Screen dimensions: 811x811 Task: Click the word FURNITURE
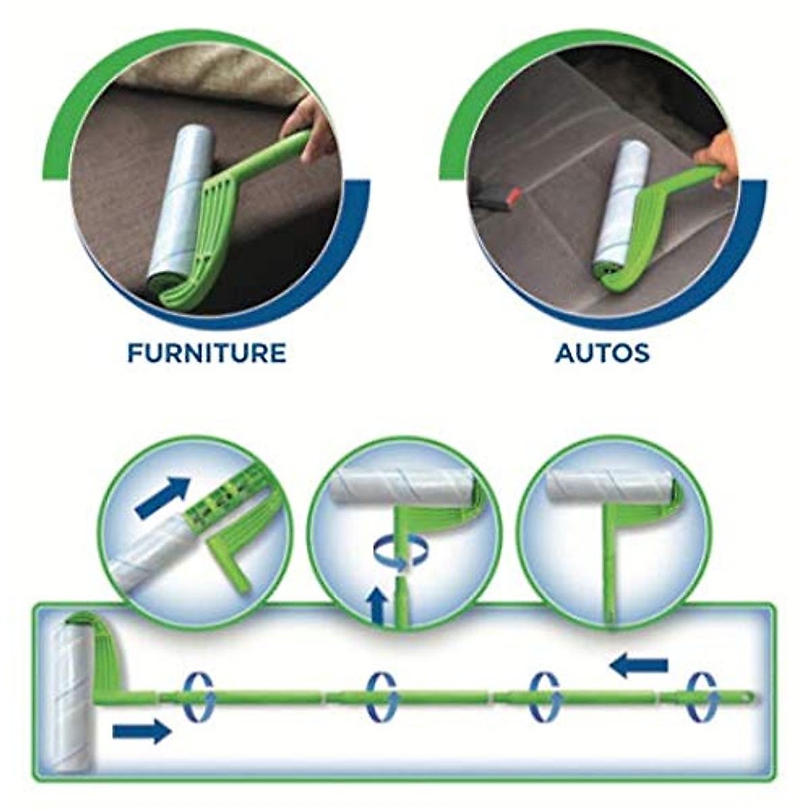point(207,353)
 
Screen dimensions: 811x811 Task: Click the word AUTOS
point(602,353)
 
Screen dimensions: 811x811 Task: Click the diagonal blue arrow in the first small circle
point(162,497)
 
